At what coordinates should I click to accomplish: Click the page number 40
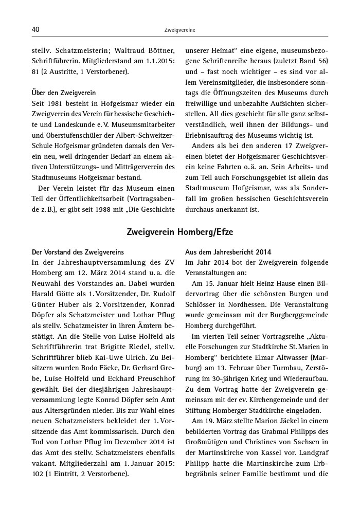35,30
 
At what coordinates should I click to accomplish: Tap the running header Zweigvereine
180,30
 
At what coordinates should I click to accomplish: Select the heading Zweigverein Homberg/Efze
180,232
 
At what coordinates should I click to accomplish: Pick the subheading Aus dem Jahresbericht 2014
228,252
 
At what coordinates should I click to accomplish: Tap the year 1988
109,208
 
